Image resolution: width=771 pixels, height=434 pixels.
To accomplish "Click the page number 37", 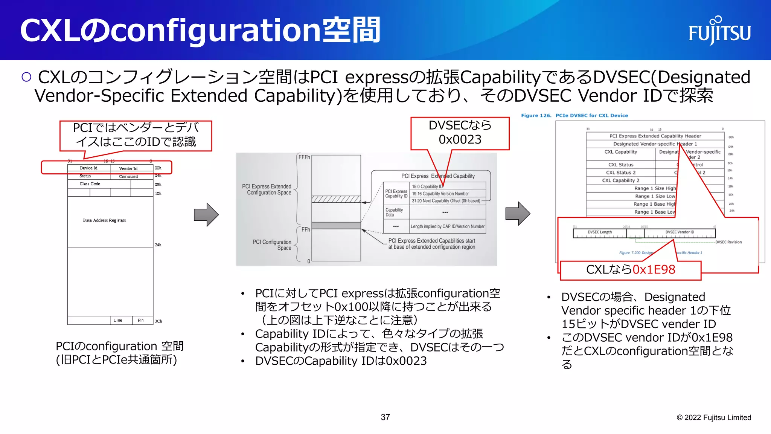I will pos(385,417).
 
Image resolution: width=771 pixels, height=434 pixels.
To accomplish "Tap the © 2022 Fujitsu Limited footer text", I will pos(714,417).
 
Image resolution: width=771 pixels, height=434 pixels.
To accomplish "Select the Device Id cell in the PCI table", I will pos(88,168).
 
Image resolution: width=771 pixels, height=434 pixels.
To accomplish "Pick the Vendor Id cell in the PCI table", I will pos(128,168).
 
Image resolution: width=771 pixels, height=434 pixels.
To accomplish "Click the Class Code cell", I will pos(90,184).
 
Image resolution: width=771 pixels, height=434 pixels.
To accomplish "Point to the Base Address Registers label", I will pos(104,220).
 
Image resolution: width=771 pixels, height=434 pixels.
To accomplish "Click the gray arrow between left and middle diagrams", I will pos(206,215).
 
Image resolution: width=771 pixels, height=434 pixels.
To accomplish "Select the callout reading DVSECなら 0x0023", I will pos(460,133).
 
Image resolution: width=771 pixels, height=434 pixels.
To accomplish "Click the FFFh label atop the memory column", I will pos(304,157).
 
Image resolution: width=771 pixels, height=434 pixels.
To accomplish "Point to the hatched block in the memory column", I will pos(336,199).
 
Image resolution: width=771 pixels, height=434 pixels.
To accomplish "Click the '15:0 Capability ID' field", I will pos(427,186).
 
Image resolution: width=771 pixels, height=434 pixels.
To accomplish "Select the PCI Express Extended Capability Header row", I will pos(655,136).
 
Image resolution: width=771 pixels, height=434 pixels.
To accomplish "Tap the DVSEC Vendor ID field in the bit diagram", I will pos(680,232).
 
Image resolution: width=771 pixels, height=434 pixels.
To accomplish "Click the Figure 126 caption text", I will pos(574,116).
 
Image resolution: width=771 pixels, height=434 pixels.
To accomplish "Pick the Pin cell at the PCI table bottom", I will pos(141,320).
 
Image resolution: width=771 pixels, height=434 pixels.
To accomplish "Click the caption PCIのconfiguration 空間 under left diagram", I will pos(119,346).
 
